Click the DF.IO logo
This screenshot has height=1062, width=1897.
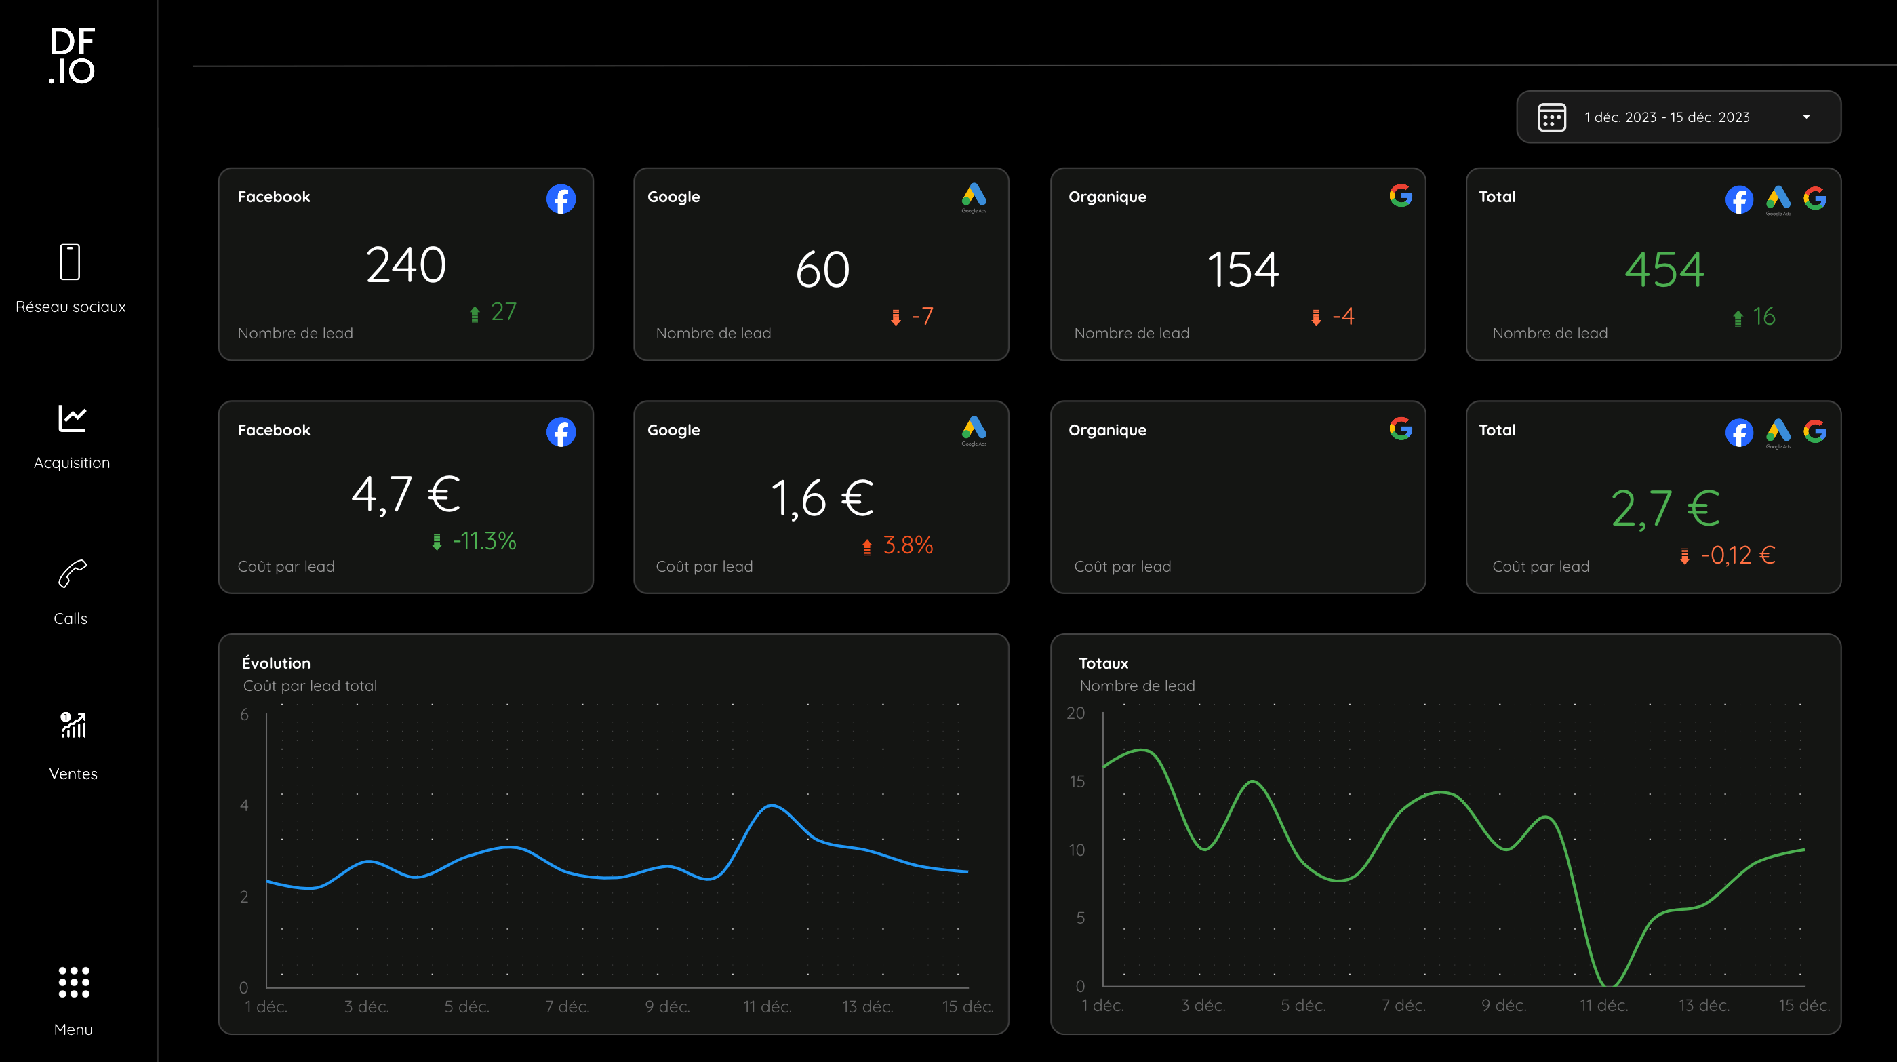pyautogui.click(x=72, y=56)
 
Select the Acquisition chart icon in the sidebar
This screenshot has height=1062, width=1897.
pyautogui.click(x=72, y=418)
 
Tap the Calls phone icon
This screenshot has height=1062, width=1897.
pyautogui.click(x=72, y=574)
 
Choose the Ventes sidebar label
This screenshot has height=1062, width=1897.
pyautogui.click(x=73, y=773)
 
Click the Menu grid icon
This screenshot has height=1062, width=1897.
pyautogui.click(x=74, y=982)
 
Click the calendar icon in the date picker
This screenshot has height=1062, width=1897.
pyautogui.click(x=1552, y=117)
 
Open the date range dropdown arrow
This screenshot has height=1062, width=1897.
pyautogui.click(x=1805, y=117)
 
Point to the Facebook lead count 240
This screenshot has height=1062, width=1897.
pyautogui.click(x=405, y=264)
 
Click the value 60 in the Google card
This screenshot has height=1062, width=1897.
pyautogui.click(x=822, y=269)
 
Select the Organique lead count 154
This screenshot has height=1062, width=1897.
pyautogui.click(x=1243, y=269)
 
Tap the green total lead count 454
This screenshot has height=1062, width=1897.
pyautogui.click(x=1664, y=269)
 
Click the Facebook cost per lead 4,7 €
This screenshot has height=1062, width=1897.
pyautogui.click(x=405, y=494)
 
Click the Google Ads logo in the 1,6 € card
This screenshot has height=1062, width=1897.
pyautogui.click(x=974, y=431)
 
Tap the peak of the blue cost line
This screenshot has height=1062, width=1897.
pyautogui.click(x=771, y=806)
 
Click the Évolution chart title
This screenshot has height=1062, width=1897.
pyautogui.click(x=276, y=663)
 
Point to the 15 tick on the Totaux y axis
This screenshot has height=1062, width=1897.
pyautogui.click(x=1077, y=781)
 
